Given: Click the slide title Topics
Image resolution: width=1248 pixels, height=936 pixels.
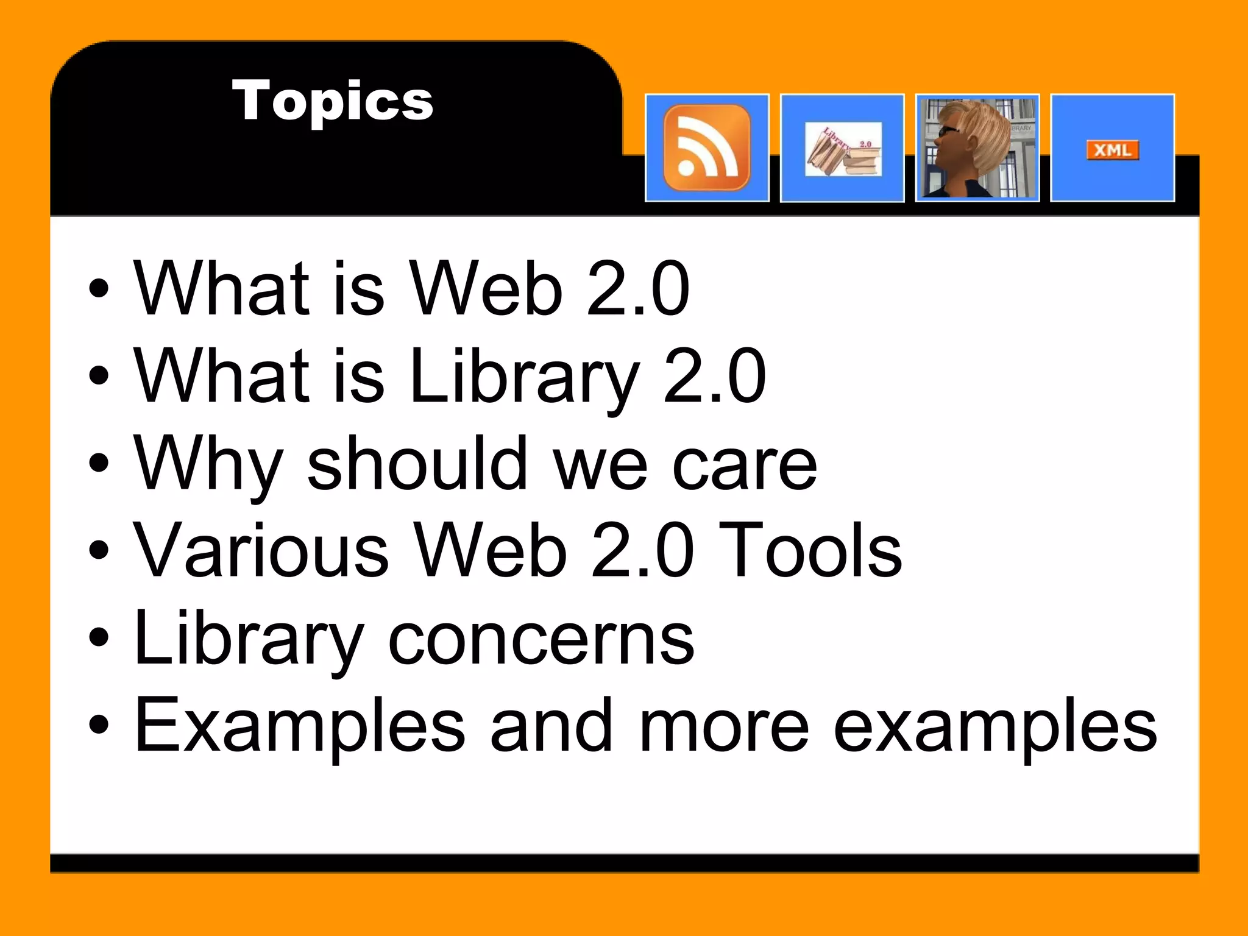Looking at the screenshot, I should pos(332,101).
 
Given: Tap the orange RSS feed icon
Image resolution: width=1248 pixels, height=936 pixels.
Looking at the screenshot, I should pos(707,147).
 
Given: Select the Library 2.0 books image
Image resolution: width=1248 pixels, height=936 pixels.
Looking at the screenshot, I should pos(843,149).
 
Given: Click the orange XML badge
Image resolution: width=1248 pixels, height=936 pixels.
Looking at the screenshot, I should pos(1112,150).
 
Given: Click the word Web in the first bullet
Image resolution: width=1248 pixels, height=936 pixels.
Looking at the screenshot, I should pos(486,288).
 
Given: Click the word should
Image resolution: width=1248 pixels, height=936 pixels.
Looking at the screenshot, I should pos(417,463).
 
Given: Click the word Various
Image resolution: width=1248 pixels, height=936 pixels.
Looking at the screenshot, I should pos(261,551).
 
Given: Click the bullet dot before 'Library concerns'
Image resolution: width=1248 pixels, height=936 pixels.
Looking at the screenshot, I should pos(99,637).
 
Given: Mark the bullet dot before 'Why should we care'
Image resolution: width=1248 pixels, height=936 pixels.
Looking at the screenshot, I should pos(99,463).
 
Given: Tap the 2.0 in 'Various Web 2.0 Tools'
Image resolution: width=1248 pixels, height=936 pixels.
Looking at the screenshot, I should pos(643,551).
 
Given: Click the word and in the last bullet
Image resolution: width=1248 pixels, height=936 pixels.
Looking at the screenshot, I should pos(551,725).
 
